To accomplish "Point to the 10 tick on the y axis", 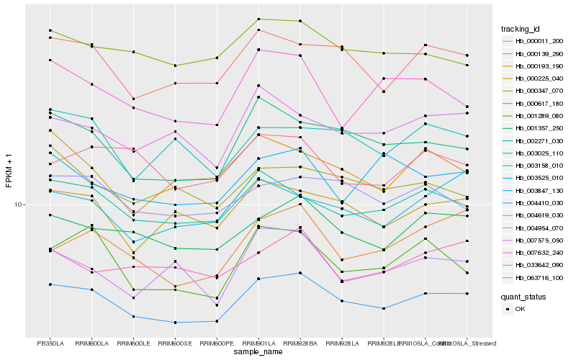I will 20,204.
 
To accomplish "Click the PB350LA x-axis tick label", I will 50,343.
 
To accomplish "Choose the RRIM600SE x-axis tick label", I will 175,343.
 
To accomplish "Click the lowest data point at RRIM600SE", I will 175,323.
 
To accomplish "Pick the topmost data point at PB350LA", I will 50,30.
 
